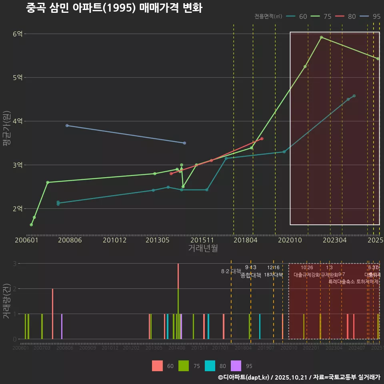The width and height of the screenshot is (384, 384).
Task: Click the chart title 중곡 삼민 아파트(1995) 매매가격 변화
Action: [x=114, y=8]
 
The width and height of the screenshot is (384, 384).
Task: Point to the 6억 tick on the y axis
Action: [x=18, y=34]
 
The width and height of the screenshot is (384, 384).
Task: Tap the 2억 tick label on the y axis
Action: [x=18, y=209]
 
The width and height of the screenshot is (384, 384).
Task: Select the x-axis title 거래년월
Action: [x=203, y=248]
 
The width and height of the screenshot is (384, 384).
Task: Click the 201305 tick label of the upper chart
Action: [x=157, y=240]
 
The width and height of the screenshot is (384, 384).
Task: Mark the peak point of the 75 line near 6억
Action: [x=321, y=37]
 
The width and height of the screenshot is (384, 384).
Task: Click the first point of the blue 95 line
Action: [x=67, y=126]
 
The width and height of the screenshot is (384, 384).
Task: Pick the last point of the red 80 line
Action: [x=262, y=138]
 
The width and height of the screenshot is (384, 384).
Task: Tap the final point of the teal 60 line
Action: [x=354, y=96]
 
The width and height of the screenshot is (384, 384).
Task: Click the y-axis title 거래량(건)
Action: [x=6, y=301]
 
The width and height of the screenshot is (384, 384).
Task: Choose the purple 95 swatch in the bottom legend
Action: [x=236, y=366]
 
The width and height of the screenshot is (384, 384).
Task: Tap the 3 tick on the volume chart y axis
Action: [x=14, y=264]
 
